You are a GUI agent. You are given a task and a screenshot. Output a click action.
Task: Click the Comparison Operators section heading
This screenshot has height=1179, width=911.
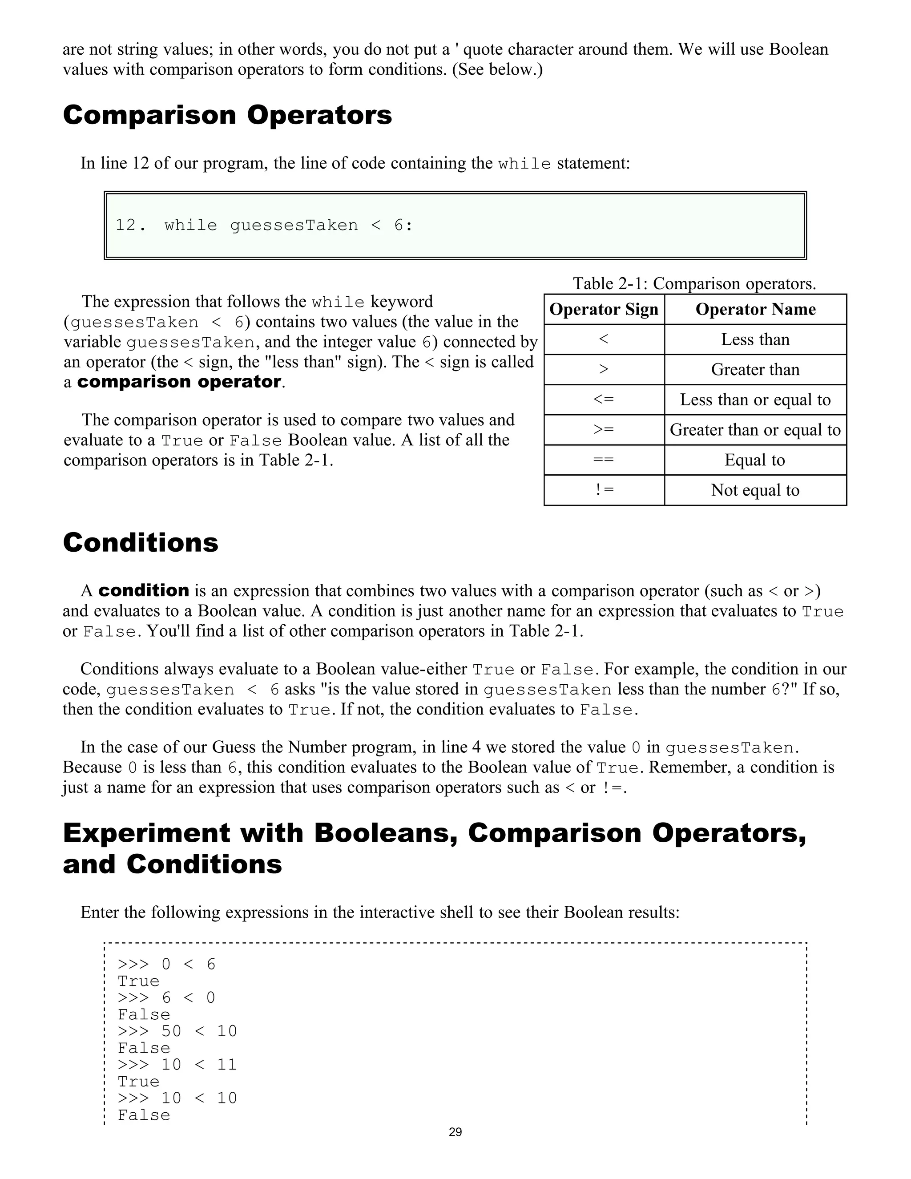tap(227, 115)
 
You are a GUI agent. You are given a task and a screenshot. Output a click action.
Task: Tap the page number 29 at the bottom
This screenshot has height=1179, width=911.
tap(455, 1132)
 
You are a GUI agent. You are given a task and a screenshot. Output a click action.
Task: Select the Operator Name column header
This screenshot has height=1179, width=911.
tap(755, 309)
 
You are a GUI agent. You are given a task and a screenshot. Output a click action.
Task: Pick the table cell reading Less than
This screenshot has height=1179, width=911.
tap(755, 339)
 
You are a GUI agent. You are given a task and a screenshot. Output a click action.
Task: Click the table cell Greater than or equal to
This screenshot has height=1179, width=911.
tap(755, 430)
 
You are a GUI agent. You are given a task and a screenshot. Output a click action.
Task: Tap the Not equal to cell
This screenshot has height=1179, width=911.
tap(755, 490)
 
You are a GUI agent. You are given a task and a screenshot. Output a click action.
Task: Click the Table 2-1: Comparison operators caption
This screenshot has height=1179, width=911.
tap(694, 283)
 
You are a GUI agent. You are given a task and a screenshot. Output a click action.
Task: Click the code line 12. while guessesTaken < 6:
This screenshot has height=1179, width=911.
tap(264, 225)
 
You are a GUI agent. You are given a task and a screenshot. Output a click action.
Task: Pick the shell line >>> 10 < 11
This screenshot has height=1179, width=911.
tap(177, 1065)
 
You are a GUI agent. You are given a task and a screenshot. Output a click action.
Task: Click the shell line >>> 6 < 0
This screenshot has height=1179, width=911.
tap(166, 997)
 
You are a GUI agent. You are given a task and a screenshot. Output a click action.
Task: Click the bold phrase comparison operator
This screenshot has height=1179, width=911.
tap(179, 382)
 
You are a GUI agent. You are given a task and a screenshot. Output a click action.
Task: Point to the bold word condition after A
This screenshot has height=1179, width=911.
tap(144, 590)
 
